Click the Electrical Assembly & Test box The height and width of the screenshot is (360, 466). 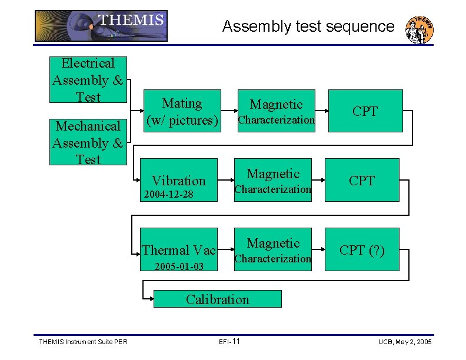click(x=88, y=79)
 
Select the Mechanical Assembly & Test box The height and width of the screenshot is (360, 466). click(x=88, y=142)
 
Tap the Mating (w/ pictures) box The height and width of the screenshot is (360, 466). click(x=181, y=111)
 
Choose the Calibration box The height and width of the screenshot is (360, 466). click(x=217, y=299)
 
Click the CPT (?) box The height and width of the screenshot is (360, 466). click(x=362, y=249)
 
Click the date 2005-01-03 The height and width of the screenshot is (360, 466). click(x=179, y=267)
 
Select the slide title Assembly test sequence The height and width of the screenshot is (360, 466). click(x=308, y=26)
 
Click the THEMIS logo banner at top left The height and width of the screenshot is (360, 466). click(x=101, y=26)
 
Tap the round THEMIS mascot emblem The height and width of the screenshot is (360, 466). click(x=420, y=29)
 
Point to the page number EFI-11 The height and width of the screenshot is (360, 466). click(x=229, y=342)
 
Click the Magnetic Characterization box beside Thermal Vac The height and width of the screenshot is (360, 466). click(x=274, y=249)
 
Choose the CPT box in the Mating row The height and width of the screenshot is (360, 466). click(x=365, y=111)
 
